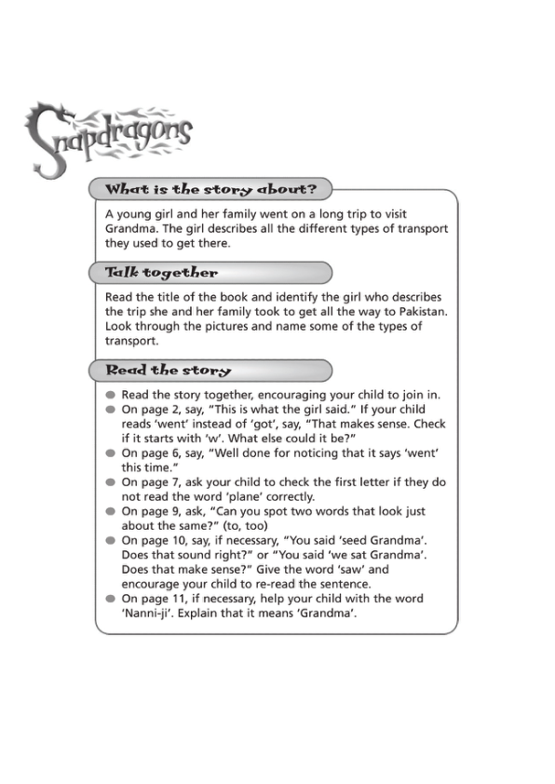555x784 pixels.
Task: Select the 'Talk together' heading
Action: (x=162, y=273)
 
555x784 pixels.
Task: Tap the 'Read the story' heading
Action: (x=169, y=371)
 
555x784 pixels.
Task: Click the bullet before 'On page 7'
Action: (x=110, y=483)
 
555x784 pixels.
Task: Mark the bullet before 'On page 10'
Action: (x=110, y=541)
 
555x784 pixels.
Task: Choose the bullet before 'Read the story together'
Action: (x=110, y=395)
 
